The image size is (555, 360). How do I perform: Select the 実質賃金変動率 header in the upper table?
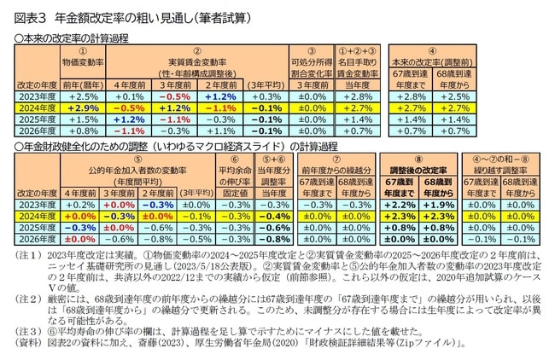click(198, 62)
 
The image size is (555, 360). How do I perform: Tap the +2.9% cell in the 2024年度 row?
click(83, 109)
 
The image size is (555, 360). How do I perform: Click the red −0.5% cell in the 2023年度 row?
click(173, 97)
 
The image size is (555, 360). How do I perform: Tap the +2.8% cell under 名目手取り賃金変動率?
click(360, 97)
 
